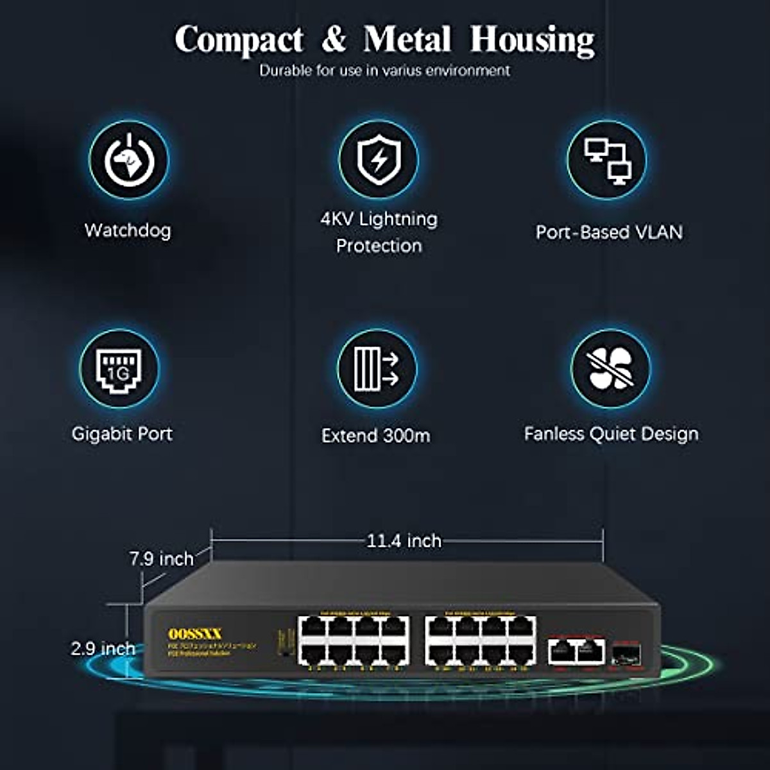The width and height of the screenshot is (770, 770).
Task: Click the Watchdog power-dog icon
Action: pyautogui.click(x=129, y=160)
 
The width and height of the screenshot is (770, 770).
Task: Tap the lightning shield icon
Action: pyautogui.click(x=379, y=160)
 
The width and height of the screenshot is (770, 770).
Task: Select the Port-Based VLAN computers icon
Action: pyautogui.click(x=607, y=160)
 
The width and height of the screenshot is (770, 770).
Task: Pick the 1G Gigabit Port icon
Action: pyautogui.click(x=119, y=369)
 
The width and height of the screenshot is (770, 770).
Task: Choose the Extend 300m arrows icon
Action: pyautogui.click(x=377, y=369)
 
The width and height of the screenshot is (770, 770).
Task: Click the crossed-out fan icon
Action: pyautogui.click(x=610, y=369)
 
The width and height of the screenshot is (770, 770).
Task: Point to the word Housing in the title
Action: pyautogui.click(x=533, y=40)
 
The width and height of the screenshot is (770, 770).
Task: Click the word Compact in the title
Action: pyautogui.click(x=239, y=40)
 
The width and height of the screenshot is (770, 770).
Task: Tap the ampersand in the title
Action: pyautogui.click(x=334, y=40)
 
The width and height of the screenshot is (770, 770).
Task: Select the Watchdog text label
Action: pyautogui.click(x=128, y=230)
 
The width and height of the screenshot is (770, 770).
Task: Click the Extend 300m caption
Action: pyautogui.click(x=376, y=436)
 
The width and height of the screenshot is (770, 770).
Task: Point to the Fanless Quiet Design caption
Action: pyautogui.click(x=611, y=434)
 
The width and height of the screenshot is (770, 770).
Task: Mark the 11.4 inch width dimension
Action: pyautogui.click(x=404, y=541)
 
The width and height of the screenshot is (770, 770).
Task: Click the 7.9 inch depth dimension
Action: pyautogui.click(x=161, y=559)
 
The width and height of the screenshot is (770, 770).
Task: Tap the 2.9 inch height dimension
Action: pyautogui.click(x=103, y=648)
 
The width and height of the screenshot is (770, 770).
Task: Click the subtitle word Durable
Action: pyautogui.click(x=286, y=71)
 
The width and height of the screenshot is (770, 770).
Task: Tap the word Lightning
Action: pyautogui.click(x=398, y=219)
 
